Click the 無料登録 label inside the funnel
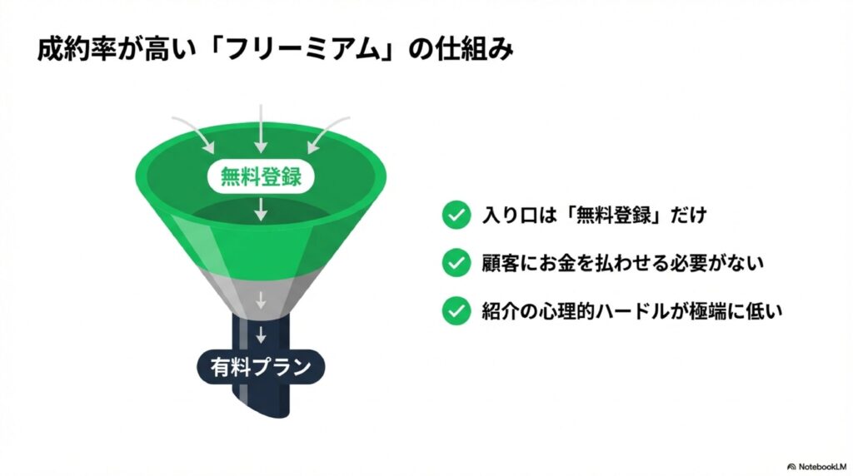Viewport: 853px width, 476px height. [261, 176]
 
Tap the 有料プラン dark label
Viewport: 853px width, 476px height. [261, 366]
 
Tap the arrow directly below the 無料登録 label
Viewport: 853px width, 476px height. [261, 209]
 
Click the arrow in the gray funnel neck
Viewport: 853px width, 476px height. [261, 300]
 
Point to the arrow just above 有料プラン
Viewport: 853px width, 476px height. [261, 335]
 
